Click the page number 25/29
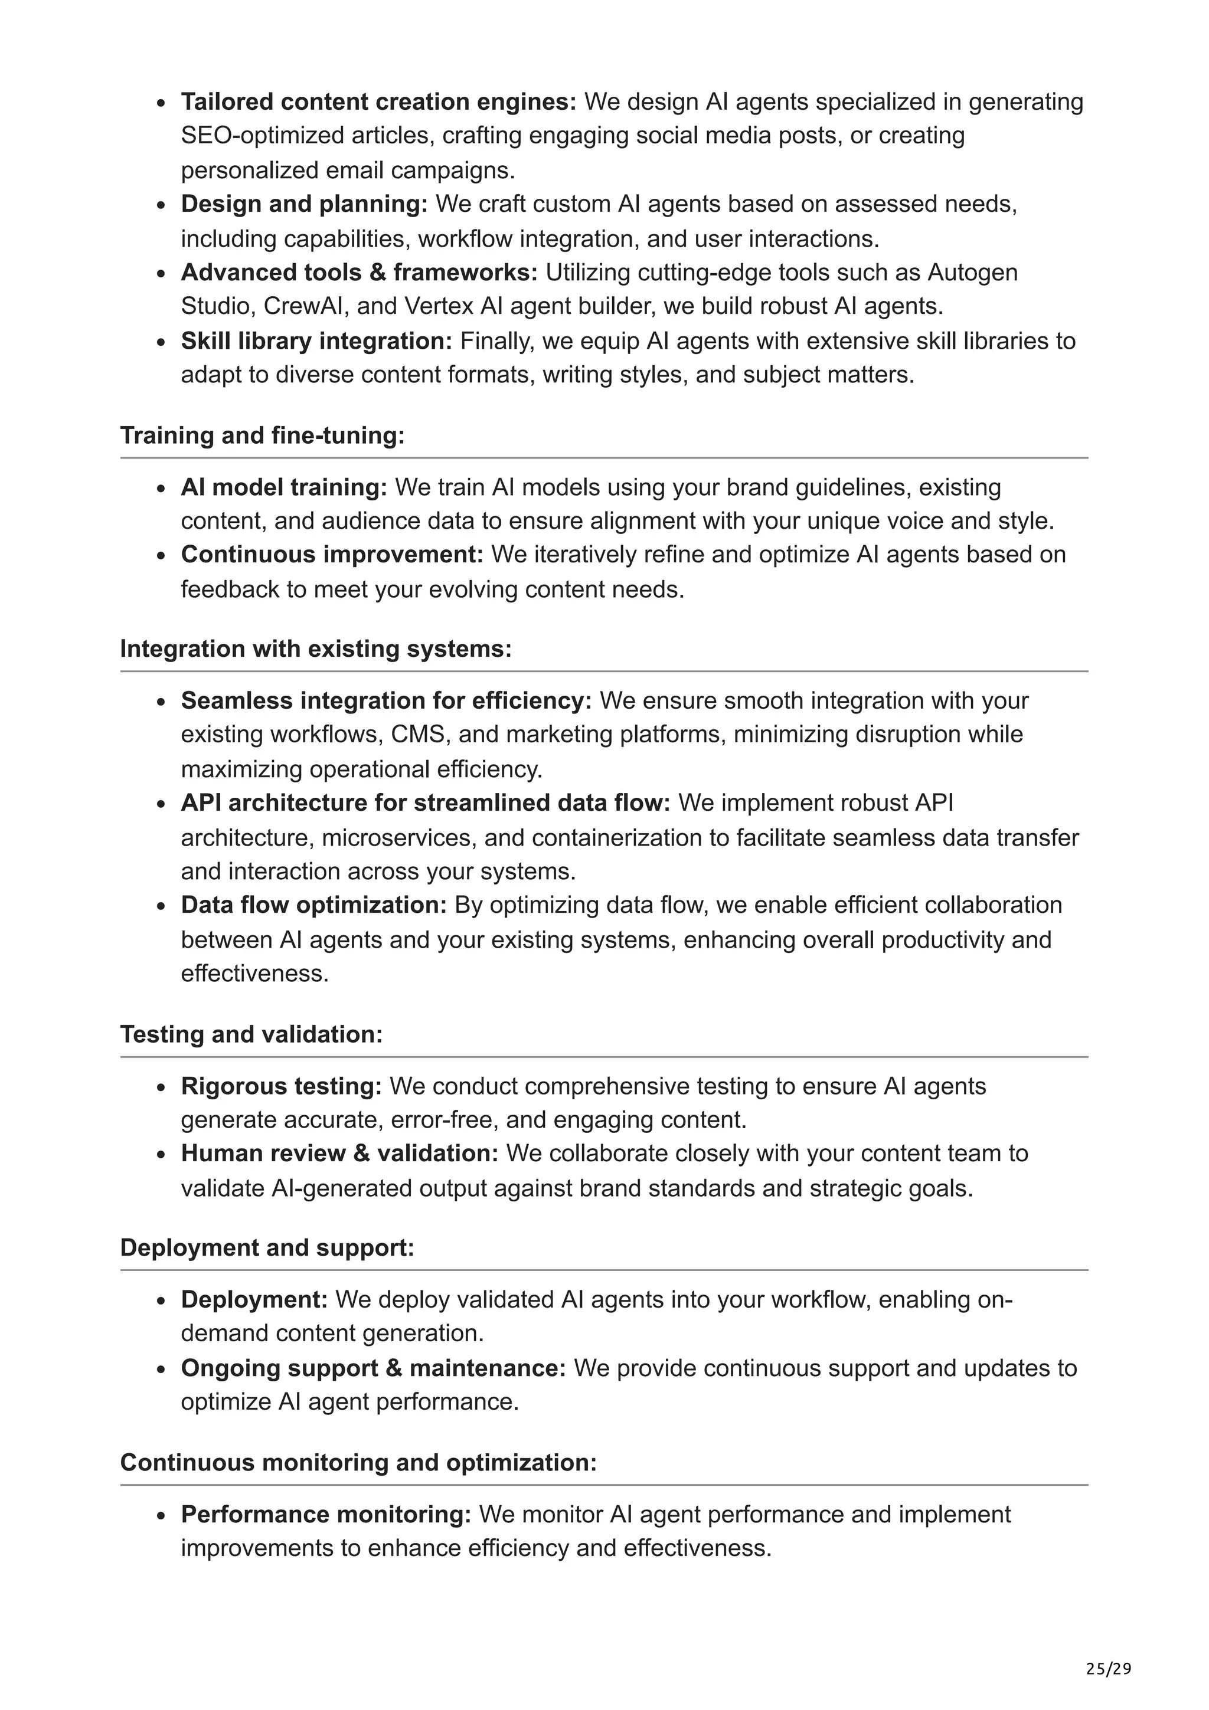pyautogui.click(x=1107, y=1669)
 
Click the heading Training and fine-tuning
pyautogui.click(x=262, y=435)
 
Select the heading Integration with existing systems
pyautogui.click(x=316, y=648)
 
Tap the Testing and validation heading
pyautogui.click(x=251, y=1034)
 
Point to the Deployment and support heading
pyautogui.click(x=267, y=1247)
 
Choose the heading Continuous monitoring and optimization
pyautogui.click(x=358, y=1462)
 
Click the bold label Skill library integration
pyautogui.click(x=316, y=341)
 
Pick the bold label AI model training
pyautogui.click(x=284, y=487)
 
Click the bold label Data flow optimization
pyautogui.click(x=313, y=905)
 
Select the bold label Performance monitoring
pyautogui.click(x=325, y=1514)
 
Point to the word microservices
pyautogui.click(x=398, y=838)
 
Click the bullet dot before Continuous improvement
pyautogui.click(x=161, y=556)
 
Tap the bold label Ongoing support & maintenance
pyautogui.click(x=373, y=1368)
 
